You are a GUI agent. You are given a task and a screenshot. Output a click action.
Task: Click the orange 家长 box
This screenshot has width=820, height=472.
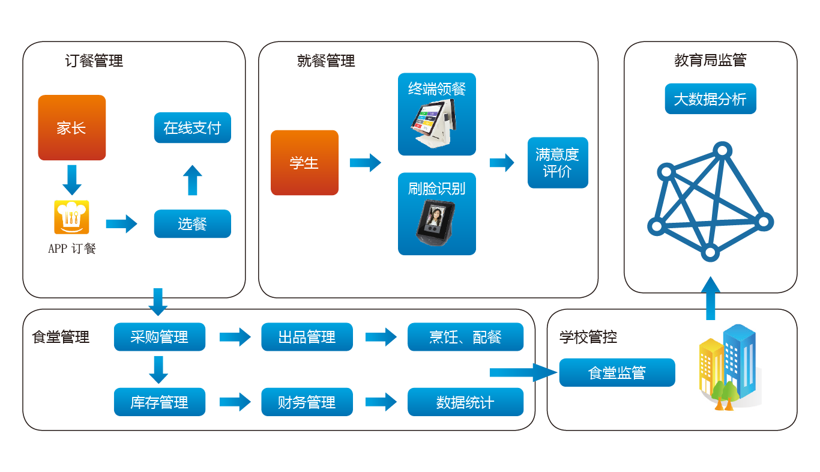click(x=71, y=127)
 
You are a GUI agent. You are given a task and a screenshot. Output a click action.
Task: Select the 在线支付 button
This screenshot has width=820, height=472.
click(x=192, y=127)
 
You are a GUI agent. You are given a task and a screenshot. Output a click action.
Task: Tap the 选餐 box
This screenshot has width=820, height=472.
click(x=192, y=224)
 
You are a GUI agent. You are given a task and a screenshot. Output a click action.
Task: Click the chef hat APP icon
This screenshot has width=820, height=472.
click(x=71, y=217)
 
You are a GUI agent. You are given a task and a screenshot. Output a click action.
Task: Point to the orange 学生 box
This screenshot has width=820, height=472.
click(x=304, y=163)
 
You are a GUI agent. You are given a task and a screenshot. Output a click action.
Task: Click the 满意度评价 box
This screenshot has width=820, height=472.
click(x=558, y=163)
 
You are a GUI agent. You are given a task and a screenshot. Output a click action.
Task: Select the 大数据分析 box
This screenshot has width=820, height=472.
click(x=710, y=99)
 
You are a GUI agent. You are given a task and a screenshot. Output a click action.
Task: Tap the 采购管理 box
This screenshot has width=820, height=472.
click(x=159, y=337)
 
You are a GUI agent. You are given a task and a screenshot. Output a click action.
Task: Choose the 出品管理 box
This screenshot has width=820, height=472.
click(x=307, y=337)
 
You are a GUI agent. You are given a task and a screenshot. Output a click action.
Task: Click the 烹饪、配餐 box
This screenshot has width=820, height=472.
click(x=465, y=337)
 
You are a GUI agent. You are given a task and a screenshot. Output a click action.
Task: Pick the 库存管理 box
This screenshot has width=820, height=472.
click(x=159, y=402)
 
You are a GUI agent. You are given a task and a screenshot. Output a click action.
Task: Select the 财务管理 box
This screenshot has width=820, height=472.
click(x=307, y=402)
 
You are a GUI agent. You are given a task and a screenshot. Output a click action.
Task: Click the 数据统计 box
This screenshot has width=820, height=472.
click(x=465, y=402)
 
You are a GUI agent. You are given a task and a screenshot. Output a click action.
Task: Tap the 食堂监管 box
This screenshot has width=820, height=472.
click(x=617, y=372)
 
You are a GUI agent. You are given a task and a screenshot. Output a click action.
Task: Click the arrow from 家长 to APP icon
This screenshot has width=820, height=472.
click(x=71, y=179)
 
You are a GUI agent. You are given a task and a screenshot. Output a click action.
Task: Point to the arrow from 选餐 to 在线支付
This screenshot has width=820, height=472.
click(x=192, y=180)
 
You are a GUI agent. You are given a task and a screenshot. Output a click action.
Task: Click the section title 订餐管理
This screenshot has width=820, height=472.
click(x=94, y=61)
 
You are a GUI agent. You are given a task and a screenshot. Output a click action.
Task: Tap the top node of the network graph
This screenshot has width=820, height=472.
click(x=722, y=150)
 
